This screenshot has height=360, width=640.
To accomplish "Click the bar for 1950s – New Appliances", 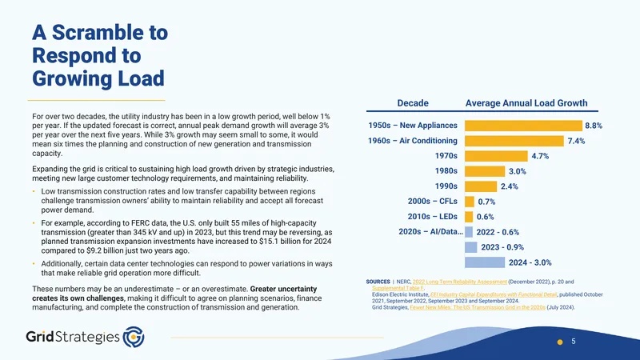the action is click(x=523, y=126).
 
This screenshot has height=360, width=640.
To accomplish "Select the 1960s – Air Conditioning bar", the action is click(x=514, y=141).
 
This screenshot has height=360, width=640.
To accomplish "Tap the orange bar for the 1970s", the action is click(x=496, y=156).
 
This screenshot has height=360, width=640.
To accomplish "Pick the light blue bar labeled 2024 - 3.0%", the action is click(x=485, y=262).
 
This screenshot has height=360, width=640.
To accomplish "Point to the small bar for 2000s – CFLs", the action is click(x=470, y=202).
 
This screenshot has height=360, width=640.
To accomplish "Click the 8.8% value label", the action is click(x=594, y=126).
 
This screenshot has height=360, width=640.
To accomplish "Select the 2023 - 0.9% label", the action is click(x=502, y=247).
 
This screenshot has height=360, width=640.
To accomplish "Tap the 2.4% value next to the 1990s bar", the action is click(x=510, y=186).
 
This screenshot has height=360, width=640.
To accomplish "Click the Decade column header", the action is click(x=413, y=103).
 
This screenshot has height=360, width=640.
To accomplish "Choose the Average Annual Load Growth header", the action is click(x=526, y=103).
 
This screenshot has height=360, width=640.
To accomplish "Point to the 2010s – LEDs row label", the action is click(x=432, y=217).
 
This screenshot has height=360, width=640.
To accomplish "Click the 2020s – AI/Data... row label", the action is click(x=430, y=232).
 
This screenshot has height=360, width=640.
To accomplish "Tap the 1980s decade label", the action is click(x=446, y=171).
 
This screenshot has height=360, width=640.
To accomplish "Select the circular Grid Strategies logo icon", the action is click(x=134, y=337).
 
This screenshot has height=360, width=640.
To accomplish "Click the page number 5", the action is click(x=574, y=342).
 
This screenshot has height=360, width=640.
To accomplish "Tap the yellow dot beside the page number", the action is click(x=560, y=342).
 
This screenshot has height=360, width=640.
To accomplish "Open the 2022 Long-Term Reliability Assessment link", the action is click(x=459, y=282).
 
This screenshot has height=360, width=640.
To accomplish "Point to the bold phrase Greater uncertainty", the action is click(x=283, y=289).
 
